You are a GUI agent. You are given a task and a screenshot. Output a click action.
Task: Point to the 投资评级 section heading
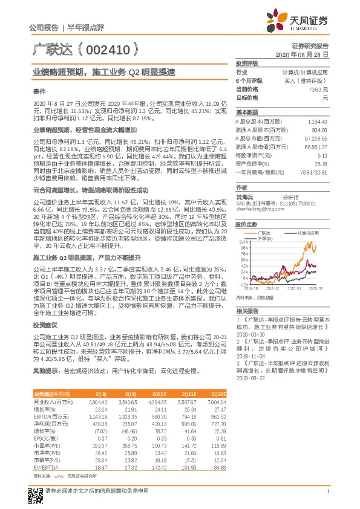(x=247, y=63)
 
